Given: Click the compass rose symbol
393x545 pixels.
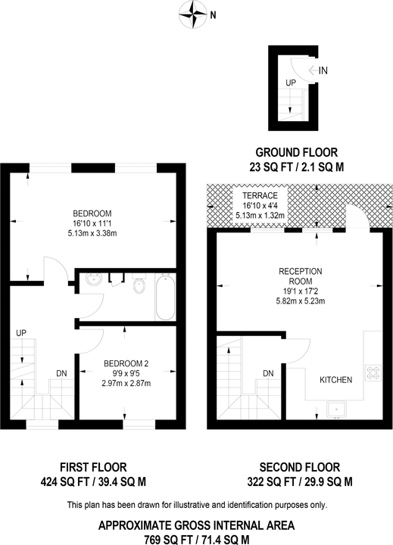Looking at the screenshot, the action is click(x=192, y=14).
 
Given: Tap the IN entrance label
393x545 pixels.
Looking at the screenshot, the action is click(x=323, y=70).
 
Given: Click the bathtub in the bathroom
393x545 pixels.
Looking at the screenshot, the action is click(x=165, y=297).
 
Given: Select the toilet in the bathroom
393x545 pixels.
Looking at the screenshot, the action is click(x=139, y=284).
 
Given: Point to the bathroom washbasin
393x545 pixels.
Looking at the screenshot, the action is click(x=94, y=279).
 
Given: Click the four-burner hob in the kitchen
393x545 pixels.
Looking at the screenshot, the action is click(x=373, y=372).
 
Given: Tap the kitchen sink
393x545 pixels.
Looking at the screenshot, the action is click(x=336, y=410).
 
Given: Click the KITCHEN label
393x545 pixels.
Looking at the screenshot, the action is click(x=336, y=380).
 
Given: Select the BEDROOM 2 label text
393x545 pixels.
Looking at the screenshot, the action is click(x=126, y=363).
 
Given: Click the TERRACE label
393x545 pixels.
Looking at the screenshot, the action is click(x=260, y=195).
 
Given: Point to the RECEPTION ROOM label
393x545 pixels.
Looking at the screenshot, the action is click(x=301, y=276).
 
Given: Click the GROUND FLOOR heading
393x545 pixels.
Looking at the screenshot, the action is click(x=297, y=152).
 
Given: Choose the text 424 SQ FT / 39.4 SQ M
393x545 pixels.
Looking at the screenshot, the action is click(x=93, y=481).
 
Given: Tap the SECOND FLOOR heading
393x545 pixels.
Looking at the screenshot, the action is click(x=299, y=467).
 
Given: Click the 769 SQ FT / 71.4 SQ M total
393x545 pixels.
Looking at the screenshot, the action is click(x=197, y=540).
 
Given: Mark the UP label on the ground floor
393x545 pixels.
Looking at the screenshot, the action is click(x=291, y=83).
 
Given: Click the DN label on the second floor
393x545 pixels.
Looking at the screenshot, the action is click(x=268, y=373).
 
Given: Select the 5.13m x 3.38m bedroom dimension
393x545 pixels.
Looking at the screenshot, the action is click(x=92, y=233).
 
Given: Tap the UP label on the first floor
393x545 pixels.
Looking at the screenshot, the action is click(x=21, y=333).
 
